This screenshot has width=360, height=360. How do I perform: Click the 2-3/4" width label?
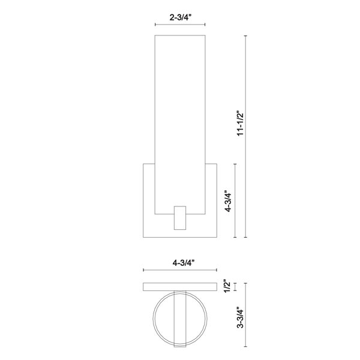click(x=180, y=17)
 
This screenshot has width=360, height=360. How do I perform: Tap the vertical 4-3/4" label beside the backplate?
click(x=229, y=201)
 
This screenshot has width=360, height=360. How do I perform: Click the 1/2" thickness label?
click(x=227, y=286)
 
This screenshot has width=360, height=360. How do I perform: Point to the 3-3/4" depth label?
click(x=240, y=317)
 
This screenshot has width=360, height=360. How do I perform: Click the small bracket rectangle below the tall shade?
click(x=180, y=218)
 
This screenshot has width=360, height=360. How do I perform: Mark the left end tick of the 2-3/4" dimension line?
click(x=155, y=25)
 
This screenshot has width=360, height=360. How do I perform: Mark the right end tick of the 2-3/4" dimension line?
click(x=205, y=25)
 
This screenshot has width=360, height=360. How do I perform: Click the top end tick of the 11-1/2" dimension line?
click(x=245, y=36)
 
